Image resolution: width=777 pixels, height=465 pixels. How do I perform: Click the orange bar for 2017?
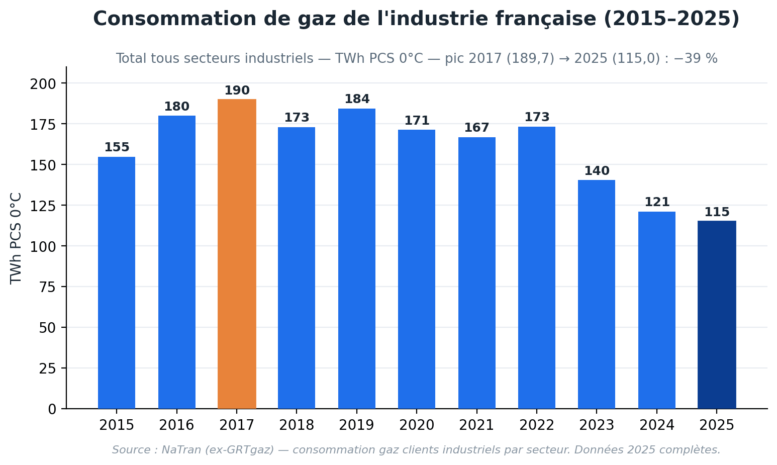pos(237,254)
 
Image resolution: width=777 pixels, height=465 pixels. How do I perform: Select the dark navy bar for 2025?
pos(717,315)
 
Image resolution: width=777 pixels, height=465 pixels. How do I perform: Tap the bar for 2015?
pos(117,283)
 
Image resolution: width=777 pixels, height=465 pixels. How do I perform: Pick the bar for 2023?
pos(597,294)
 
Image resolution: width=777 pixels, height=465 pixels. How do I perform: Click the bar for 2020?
pos(417,269)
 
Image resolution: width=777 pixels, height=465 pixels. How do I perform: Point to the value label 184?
pos(357,99)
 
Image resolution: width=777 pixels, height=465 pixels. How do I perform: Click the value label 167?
pos(476,128)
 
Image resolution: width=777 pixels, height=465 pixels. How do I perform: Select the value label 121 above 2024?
pos(657,202)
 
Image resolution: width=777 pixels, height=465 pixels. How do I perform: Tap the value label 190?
pos(237,90)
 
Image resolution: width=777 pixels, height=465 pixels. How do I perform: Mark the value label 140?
pos(597,171)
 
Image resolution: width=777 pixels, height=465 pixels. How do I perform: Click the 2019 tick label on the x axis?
pos(357,425)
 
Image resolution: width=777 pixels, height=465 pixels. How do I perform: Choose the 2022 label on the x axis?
pos(537,425)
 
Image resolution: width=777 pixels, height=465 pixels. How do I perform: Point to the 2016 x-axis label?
pos(176,425)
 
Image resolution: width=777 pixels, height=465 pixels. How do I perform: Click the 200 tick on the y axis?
pos(43,84)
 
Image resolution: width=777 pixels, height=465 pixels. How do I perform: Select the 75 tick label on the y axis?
pos(48,288)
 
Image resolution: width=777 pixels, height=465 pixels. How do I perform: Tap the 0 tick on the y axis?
pos(52,410)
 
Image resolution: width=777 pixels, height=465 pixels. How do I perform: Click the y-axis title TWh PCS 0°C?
pos(16,238)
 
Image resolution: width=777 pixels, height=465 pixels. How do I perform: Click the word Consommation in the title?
pos(175,19)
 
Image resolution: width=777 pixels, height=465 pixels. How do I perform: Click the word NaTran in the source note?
pos(181,450)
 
